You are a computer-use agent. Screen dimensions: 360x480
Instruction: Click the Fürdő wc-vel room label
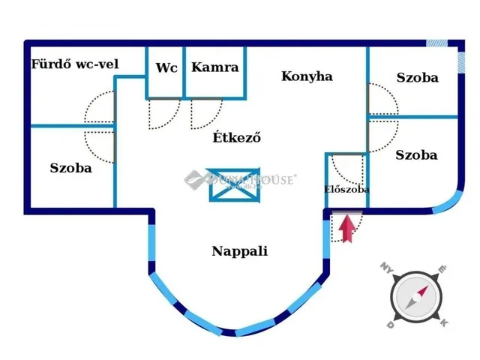(x=75, y=64)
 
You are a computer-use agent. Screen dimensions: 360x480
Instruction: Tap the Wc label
(x=166, y=67)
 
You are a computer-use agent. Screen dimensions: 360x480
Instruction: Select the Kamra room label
(x=215, y=67)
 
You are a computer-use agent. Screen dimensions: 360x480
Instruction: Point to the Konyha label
(x=307, y=76)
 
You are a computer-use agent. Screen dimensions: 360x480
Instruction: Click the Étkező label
(x=236, y=137)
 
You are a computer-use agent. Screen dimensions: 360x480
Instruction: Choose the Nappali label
(x=240, y=252)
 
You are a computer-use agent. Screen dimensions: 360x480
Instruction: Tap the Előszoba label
(x=346, y=190)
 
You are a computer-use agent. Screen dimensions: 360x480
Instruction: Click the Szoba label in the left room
(x=71, y=168)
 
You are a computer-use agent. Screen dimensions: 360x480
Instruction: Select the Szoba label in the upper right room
(x=418, y=77)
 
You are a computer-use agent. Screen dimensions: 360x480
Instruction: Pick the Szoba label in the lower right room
(x=416, y=155)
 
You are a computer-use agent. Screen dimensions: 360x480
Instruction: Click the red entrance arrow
(x=346, y=228)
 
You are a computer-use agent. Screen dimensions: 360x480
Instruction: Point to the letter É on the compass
(x=442, y=268)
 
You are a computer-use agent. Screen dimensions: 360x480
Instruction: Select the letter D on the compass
(x=390, y=325)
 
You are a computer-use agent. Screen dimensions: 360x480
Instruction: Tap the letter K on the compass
(x=443, y=323)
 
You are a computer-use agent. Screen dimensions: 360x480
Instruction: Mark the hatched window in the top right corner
(x=437, y=43)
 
